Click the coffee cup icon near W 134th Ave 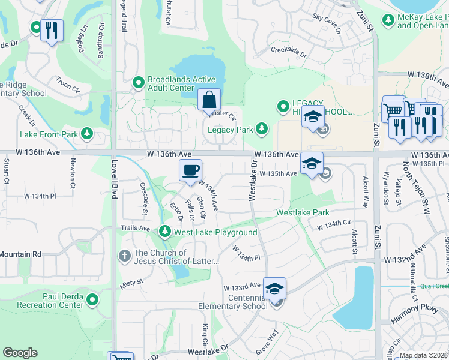tap(190, 170)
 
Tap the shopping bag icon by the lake tap(209, 100)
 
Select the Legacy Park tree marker tap(262, 128)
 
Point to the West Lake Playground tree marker tap(165, 232)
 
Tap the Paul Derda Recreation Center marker tap(92, 299)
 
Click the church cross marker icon tap(125, 256)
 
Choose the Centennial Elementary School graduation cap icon tap(274, 289)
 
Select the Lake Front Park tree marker tap(88, 133)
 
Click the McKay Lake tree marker tap(388, 20)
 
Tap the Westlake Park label tap(303, 212)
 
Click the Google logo tap(20, 353)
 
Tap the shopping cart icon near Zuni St tap(393, 111)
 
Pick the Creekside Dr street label tap(288, 52)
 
